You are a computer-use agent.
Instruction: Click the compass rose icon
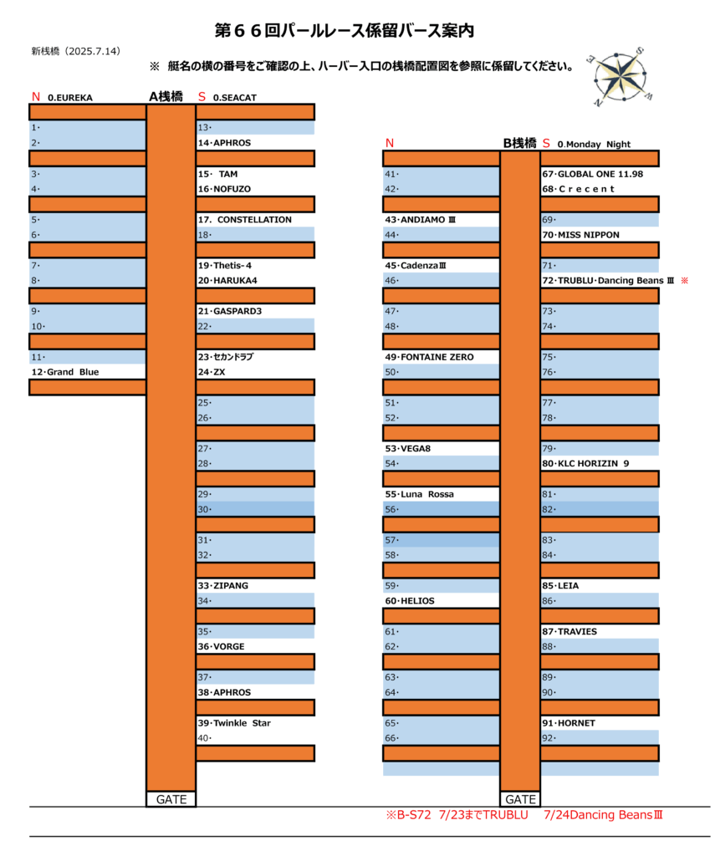(x=620, y=76)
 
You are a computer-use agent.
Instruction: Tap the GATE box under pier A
(x=171, y=799)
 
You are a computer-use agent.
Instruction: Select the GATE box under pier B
(x=520, y=799)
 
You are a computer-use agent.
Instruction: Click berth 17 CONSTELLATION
(x=245, y=220)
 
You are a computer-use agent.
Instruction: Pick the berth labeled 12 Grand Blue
(x=65, y=372)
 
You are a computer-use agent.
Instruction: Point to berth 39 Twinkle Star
(x=234, y=723)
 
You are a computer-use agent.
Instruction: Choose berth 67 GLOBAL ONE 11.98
(x=593, y=174)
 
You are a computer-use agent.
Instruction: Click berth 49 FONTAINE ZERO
(x=429, y=356)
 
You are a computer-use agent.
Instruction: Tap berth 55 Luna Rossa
(x=420, y=494)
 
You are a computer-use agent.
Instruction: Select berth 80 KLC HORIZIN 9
(x=585, y=463)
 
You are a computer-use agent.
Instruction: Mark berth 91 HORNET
(x=569, y=723)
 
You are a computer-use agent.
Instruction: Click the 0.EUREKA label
(x=70, y=98)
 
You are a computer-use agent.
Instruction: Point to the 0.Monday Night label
(x=594, y=144)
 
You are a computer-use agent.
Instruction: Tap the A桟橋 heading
(x=166, y=97)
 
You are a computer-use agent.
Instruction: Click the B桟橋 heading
(x=519, y=143)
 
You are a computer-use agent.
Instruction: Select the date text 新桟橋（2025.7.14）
(x=75, y=51)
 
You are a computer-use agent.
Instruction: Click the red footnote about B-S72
(x=523, y=815)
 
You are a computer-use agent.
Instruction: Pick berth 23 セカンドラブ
(x=226, y=356)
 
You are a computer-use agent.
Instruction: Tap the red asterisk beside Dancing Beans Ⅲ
(x=684, y=281)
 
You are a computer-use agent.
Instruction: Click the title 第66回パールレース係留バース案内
(x=344, y=31)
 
